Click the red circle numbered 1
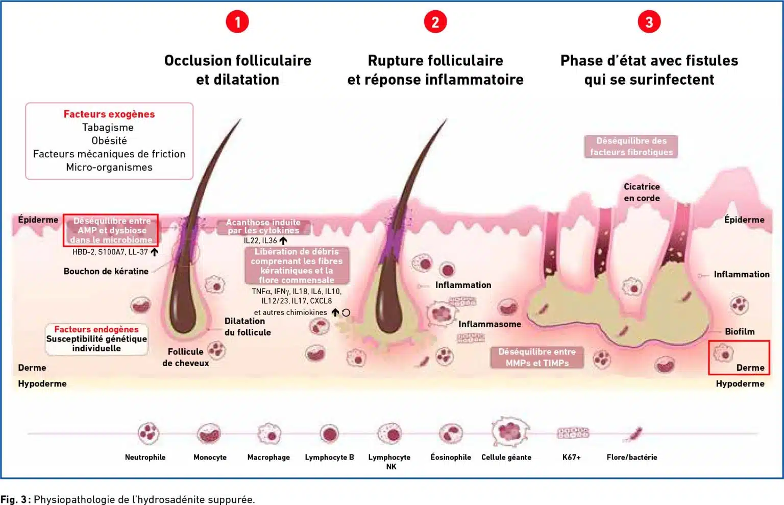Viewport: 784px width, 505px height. pos(237,22)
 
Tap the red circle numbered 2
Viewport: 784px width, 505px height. pos(435,22)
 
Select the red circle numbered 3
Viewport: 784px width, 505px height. pos(649,22)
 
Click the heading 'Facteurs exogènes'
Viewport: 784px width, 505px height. pos(109,114)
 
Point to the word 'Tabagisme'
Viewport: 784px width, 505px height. pos(108,127)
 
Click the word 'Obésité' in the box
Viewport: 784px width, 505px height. pos(109,140)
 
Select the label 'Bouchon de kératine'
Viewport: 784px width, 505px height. pos(106,271)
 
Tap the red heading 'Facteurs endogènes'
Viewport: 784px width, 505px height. pos(96,329)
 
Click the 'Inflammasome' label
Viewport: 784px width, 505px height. pos(489,324)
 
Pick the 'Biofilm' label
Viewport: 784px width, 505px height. pos(740,331)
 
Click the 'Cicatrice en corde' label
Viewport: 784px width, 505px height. pos(642,193)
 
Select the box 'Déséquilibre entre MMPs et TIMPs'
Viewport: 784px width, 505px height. pos(537,357)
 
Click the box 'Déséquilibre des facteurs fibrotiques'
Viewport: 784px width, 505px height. pos(631,147)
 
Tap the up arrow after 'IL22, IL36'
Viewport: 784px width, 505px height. pos(283,241)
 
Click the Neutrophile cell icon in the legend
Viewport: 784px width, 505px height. pos(149,433)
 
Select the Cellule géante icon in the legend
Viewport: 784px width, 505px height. pos(510,432)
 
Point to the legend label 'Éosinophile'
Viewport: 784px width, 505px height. pos(451,457)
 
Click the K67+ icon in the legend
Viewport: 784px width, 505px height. pos(573,433)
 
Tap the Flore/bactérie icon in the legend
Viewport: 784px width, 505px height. pos(634,434)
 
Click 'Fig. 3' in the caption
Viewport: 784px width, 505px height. pos(14,499)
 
